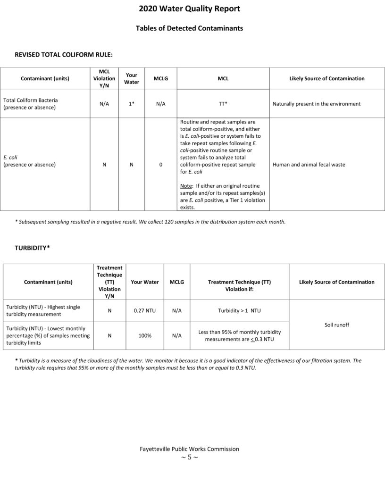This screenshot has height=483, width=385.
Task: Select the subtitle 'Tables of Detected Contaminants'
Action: click(x=189, y=28)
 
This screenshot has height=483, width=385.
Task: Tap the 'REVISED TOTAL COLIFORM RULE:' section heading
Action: click(x=64, y=55)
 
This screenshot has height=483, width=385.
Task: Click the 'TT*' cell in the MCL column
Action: click(x=223, y=104)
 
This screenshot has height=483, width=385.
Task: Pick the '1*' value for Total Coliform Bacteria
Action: click(x=132, y=104)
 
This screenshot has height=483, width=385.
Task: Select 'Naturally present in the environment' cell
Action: click(x=317, y=104)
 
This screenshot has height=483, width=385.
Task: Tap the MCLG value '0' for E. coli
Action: click(x=161, y=165)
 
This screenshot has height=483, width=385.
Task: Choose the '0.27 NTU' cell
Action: click(x=144, y=311)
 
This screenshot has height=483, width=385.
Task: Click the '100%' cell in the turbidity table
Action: click(x=144, y=336)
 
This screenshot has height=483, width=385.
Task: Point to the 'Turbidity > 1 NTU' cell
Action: click(x=239, y=311)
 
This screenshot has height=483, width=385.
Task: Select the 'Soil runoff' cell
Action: click(x=337, y=325)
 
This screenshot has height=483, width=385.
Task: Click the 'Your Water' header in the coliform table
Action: click(x=132, y=78)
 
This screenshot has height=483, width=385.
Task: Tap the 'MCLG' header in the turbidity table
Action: click(x=176, y=282)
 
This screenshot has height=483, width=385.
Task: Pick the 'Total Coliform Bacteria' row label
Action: click(x=31, y=100)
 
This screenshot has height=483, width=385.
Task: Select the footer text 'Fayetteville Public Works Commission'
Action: click(x=189, y=449)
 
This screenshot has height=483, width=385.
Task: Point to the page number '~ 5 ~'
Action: click(x=189, y=458)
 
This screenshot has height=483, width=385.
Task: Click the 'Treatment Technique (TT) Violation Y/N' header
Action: click(x=109, y=282)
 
